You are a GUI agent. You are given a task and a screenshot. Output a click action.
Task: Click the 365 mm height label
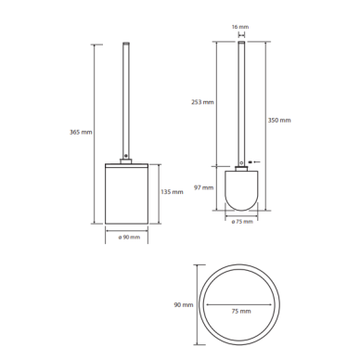(81, 132)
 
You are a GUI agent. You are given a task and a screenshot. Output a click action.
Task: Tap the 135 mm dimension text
(172, 192)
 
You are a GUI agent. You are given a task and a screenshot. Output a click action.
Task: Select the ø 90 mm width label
(129, 238)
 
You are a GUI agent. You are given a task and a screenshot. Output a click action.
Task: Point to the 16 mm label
(240, 27)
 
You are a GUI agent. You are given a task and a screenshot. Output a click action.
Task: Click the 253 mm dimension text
(202, 102)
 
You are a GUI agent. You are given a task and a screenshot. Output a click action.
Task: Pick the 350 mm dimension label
(279, 120)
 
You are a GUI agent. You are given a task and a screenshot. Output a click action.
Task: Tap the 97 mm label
(204, 187)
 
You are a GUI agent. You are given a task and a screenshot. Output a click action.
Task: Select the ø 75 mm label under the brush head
(242, 222)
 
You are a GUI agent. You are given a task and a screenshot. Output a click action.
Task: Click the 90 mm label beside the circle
(184, 305)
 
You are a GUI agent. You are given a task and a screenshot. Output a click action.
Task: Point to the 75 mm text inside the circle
(241, 311)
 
